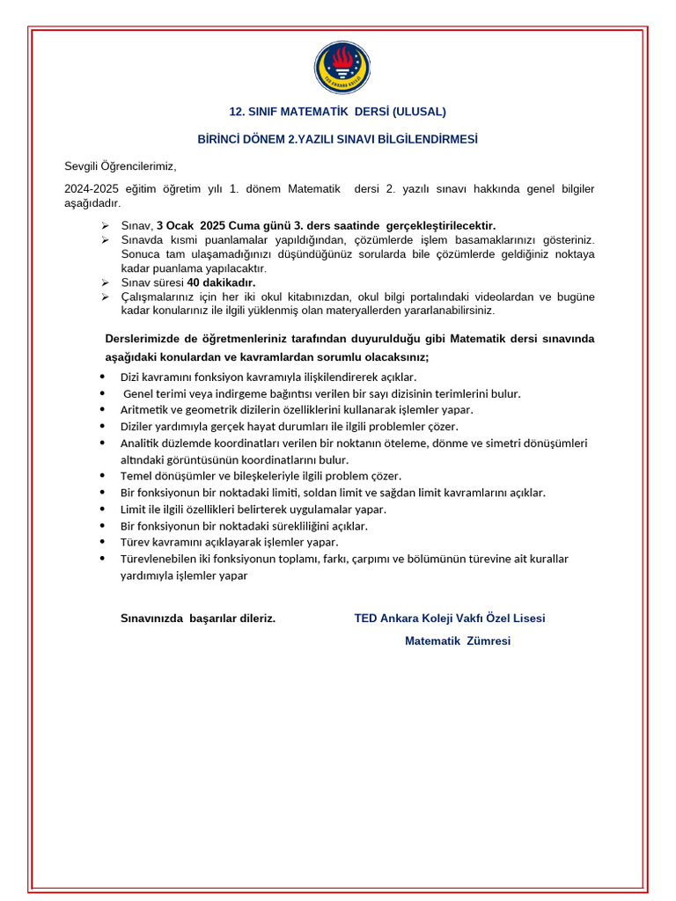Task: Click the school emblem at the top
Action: click(342, 68)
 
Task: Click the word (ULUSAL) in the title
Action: click(419, 112)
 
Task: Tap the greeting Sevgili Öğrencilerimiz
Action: click(121, 165)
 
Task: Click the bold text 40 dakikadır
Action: click(221, 282)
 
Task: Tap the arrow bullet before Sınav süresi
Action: click(105, 282)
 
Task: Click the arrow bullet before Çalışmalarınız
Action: click(105, 297)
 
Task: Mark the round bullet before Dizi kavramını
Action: click(103, 377)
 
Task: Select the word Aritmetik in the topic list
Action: click(144, 410)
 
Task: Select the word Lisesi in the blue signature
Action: click(527, 619)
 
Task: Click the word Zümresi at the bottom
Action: click(489, 641)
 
